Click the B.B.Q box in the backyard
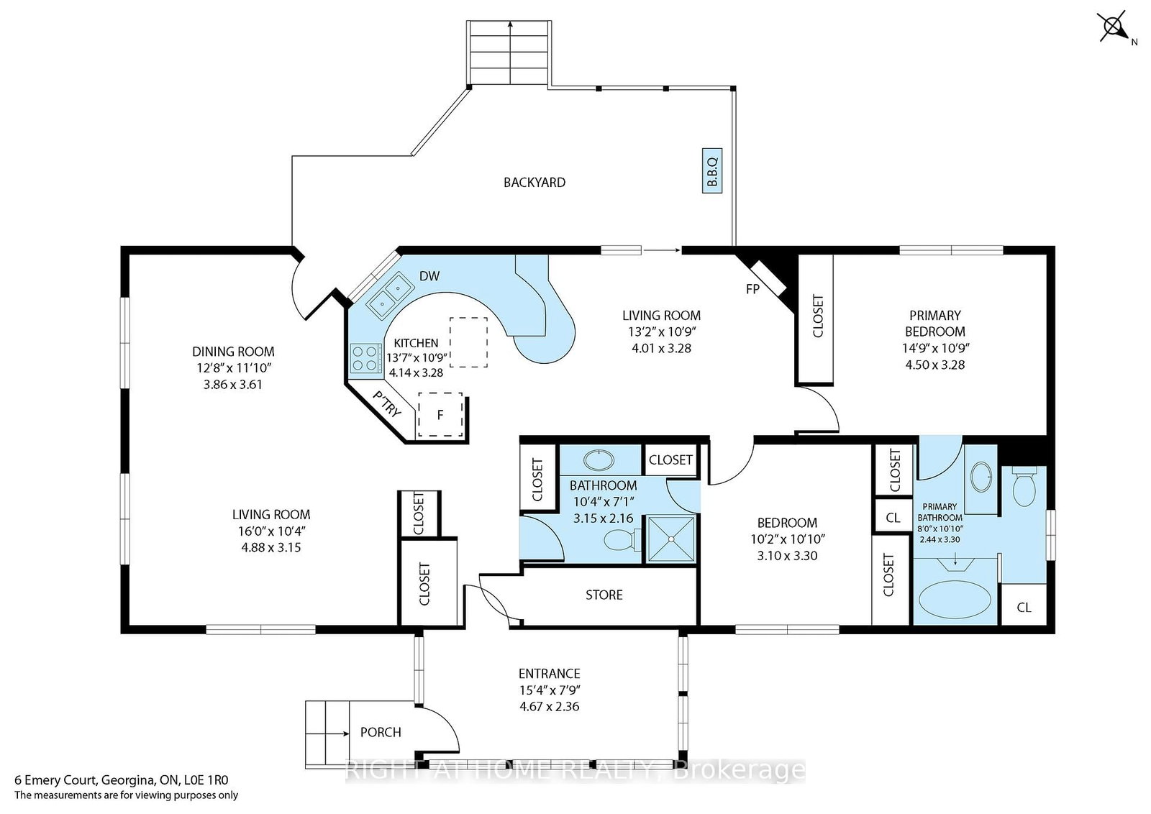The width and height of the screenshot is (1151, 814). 711,170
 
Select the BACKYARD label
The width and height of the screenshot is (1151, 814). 534,183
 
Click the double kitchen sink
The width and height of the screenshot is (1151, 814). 390,295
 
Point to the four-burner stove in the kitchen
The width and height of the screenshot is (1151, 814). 365,358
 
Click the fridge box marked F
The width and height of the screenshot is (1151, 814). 440,415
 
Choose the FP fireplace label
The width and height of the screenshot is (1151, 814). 752,289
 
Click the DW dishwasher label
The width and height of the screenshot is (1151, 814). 429,276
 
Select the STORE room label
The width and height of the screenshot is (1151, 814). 604,595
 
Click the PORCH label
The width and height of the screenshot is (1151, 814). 381,732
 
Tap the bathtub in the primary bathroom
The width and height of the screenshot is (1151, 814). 955,600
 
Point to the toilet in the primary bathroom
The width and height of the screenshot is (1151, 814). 1024,486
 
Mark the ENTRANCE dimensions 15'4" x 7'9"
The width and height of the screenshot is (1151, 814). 550,690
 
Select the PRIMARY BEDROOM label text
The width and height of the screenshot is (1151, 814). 934,323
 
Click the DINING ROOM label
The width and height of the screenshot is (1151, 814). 233,352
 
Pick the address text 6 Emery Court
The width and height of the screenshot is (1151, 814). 55,780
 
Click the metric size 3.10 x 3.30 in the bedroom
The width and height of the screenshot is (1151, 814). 787,555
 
